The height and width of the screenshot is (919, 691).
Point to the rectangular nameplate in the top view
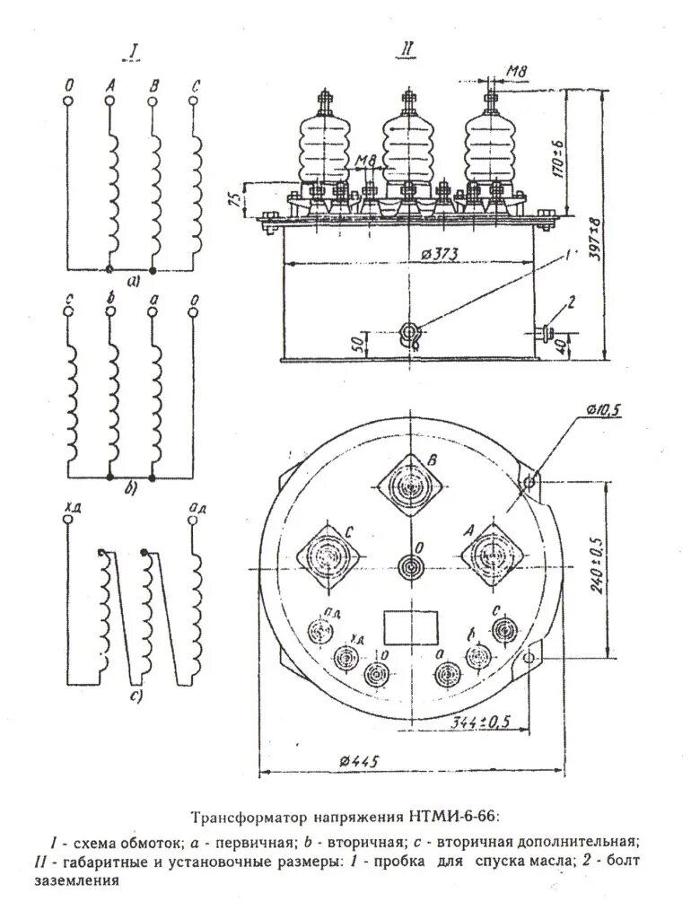pyautogui.click(x=413, y=626)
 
